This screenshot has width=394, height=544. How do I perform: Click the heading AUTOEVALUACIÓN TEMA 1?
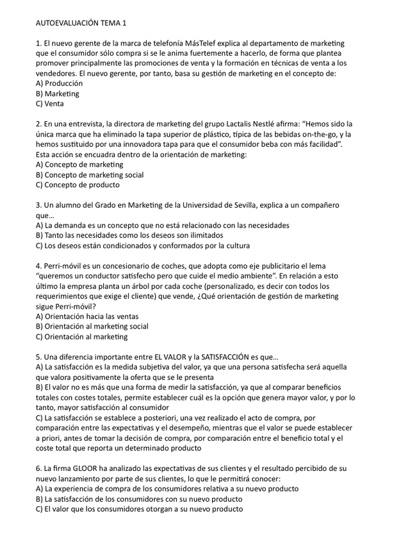[81, 22]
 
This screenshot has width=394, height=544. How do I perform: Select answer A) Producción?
[60, 83]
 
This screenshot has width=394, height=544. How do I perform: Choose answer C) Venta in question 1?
[50, 103]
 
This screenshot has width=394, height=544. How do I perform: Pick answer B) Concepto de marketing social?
[90, 174]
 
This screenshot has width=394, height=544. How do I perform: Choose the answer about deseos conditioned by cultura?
[143, 245]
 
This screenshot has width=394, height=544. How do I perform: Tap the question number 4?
[39, 266]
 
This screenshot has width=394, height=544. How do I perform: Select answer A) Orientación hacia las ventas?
[87, 316]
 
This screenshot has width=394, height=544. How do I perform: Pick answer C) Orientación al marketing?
[82, 336]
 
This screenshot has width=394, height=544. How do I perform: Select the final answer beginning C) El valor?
[140, 509]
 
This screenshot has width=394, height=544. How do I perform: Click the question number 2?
[39, 124]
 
